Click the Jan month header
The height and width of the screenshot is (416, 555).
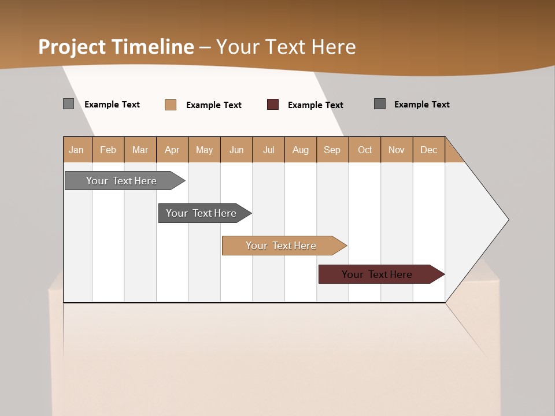(x=77, y=150)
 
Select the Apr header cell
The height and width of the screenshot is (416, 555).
(x=172, y=150)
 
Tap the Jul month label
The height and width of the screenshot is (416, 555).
(x=268, y=150)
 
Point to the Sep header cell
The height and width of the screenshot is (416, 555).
(x=332, y=150)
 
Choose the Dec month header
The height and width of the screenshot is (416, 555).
(x=428, y=150)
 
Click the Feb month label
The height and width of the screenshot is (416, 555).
(x=108, y=150)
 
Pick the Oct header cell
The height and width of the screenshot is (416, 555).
(x=365, y=150)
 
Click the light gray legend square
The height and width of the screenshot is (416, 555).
(x=69, y=104)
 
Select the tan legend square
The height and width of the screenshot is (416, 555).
(x=171, y=105)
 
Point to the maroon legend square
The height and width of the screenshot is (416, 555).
(x=273, y=105)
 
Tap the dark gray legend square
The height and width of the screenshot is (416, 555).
(x=380, y=104)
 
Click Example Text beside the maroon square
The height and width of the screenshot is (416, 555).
(x=315, y=105)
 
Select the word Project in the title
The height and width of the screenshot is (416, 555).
(x=72, y=47)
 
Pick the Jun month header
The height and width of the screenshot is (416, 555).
(x=236, y=150)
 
